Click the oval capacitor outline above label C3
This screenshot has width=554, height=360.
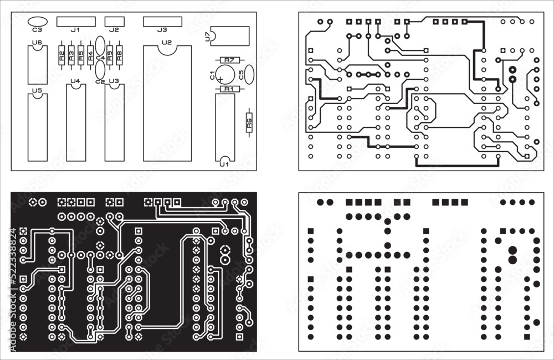[x=37, y=22]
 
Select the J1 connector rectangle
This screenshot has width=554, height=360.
[x=76, y=21]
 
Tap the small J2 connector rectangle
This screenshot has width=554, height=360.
[x=114, y=21]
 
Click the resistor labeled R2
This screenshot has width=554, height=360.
[x=61, y=55]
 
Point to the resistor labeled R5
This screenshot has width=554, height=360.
[x=80, y=55]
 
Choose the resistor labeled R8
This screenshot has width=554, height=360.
[x=119, y=55]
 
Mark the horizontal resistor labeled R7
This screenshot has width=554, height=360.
[x=229, y=60]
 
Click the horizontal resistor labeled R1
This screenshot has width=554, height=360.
[x=229, y=89]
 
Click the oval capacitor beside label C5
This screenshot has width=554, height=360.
[x=249, y=73]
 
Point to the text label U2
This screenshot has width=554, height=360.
[x=167, y=42]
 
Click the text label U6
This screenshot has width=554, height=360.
[x=37, y=42]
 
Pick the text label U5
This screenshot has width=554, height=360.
[x=37, y=90]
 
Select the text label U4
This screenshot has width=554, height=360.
[x=75, y=81]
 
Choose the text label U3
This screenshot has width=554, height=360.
[x=114, y=81]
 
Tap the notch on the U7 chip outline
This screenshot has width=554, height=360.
[x=213, y=37]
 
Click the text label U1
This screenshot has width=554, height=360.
[x=224, y=164]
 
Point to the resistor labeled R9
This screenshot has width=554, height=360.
[x=110, y=55]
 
